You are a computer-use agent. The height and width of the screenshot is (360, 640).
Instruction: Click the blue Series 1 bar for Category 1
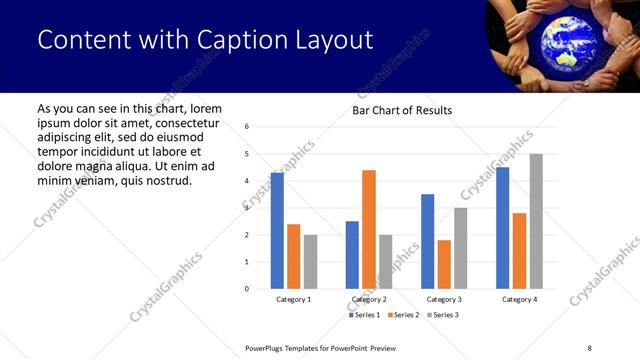pos(277,231)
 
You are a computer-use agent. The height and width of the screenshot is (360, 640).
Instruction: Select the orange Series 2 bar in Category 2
pos(369,229)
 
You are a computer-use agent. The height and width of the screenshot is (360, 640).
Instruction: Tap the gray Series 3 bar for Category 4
pos(536,221)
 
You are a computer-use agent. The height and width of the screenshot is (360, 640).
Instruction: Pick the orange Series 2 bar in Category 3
pos(444,264)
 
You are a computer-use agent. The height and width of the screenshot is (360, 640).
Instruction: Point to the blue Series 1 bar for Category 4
pos(503,228)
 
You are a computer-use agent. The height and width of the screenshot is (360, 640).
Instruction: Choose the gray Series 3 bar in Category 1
pos(310,262)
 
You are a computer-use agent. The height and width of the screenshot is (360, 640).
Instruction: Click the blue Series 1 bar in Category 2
pos(352,255)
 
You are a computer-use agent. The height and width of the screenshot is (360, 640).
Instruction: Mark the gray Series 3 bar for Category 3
pos(461,248)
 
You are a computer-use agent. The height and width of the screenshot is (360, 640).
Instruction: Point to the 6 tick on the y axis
pos(247,127)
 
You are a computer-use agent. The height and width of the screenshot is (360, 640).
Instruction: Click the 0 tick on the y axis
pos(247,289)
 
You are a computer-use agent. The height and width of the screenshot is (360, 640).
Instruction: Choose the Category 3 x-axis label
pos(444,299)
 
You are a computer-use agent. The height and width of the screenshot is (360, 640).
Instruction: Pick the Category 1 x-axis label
pos(294,299)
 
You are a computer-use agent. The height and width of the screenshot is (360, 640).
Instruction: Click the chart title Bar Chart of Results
pos(402,110)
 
